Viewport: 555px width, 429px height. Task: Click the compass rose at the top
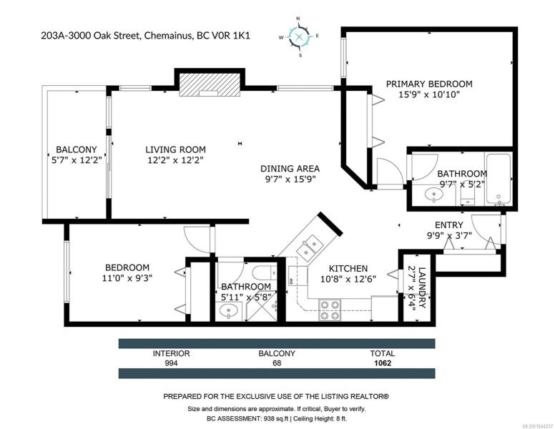pos(299,36)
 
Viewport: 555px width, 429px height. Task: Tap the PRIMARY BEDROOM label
pos(429,84)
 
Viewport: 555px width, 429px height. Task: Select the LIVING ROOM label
pos(175,149)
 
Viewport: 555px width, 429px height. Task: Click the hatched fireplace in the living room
pos(209,85)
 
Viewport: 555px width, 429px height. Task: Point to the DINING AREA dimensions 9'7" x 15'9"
pos(290,179)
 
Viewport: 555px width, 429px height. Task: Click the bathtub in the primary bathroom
pos(498,179)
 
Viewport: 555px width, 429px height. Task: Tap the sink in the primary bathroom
pos(434,194)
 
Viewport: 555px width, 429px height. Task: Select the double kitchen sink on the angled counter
pos(310,247)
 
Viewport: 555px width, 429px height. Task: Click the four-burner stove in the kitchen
pos(330,310)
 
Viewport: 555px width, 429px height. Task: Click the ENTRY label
pos(449,225)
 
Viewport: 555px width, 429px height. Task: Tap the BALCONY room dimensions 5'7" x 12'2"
pos(77,160)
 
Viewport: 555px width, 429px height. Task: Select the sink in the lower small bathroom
pos(228,312)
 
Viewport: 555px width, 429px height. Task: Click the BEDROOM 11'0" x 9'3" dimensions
pos(127,278)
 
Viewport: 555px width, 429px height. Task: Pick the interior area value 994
pos(172,363)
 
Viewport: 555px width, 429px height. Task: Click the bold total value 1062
pos(383,363)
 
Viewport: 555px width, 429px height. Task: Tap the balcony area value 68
pos(277,363)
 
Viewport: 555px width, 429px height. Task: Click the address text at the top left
pos(145,36)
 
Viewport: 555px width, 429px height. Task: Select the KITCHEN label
pos(348,268)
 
